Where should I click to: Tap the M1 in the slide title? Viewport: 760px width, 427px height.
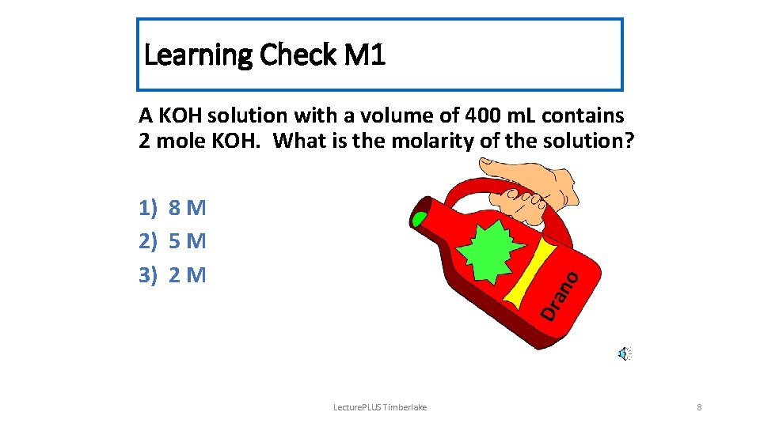[x=365, y=55]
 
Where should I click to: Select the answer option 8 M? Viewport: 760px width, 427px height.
[x=188, y=209]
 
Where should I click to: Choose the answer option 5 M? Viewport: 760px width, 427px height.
[x=188, y=241]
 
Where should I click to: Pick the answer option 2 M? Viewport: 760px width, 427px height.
[x=188, y=275]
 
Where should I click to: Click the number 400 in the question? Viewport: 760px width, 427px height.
[x=483, y=115]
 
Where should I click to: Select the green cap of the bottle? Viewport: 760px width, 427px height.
[x=419, y=217]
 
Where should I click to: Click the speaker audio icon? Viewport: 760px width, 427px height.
[x=625, y=353]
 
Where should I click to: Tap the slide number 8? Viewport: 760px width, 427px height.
[x=699, y=407]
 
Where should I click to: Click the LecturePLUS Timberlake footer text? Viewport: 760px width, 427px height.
[x=380, y=407]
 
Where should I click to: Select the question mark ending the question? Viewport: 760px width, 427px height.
[x=629, y=142]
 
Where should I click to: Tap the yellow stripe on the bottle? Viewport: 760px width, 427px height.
[x=533, y=273]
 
